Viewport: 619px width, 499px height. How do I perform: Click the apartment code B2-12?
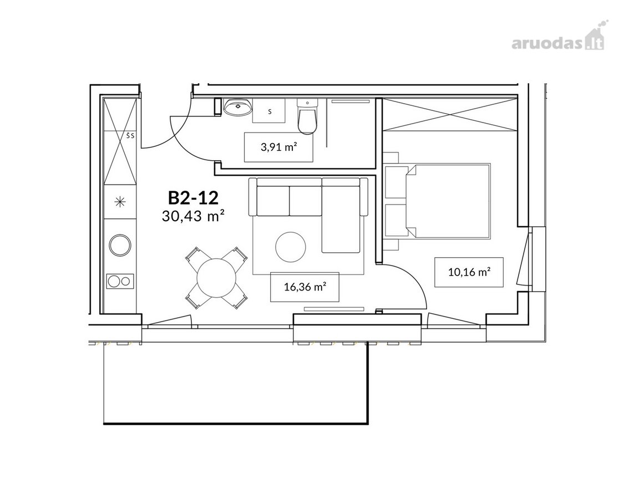click(x=193, y=197)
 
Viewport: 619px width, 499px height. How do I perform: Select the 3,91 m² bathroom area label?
click(x=278, y=147)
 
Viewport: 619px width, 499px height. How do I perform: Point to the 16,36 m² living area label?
click(x=305, y=287)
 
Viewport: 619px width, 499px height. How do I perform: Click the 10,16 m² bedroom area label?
click(x=469, y=272)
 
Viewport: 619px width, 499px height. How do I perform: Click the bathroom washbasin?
click(x=237, y=107)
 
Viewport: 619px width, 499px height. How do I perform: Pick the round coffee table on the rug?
click(x=291, y=247)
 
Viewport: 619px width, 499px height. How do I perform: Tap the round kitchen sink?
click(x=120, y=245)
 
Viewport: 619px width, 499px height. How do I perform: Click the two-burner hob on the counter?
click(x=120, y=281)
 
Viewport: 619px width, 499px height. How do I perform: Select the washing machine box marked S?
click(x=270, y=111)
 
